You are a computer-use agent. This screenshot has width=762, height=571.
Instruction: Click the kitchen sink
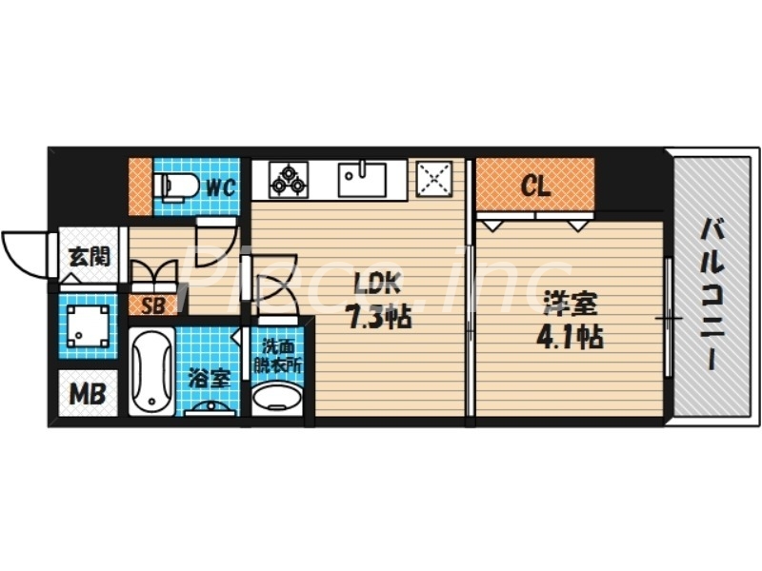[x=362, y=179]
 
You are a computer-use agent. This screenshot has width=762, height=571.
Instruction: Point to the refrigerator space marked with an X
[x=435, y=179]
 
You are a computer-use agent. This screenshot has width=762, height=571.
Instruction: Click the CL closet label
[x=535, y=186]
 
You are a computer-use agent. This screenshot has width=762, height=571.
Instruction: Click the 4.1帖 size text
[x=572, y=336]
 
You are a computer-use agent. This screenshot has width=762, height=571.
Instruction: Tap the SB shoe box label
[x=152, y=306]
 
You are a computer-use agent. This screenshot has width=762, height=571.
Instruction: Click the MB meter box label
[x=87, y=392]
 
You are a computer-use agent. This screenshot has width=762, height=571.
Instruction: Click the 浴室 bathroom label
[x=211, y=378]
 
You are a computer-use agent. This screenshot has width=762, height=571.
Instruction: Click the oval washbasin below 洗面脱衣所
[x=277, y=398]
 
